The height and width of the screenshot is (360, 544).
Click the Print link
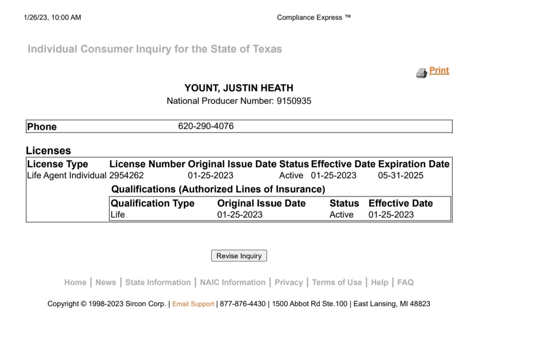tap(439, 70)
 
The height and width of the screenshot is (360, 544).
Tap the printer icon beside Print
tap(422, 73)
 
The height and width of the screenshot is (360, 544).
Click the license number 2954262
tap(126, 176)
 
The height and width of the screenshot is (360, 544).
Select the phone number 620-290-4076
tap(206, 126)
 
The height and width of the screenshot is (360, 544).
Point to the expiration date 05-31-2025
tap(400, 176)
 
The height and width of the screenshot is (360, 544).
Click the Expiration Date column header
tap(414, 164)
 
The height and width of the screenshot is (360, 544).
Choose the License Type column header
tap(57, 164)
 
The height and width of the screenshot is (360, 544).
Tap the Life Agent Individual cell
tap(66, 176)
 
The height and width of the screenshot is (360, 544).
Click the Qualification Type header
tap(153, 203)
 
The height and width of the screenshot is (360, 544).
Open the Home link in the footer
tap(75, 282)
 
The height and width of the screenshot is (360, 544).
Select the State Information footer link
tap(158, 282)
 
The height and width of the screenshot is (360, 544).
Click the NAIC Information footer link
tap(232, 282)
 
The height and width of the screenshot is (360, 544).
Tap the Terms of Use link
tap(336, 282)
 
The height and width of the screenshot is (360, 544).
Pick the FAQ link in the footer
tap(405, 282)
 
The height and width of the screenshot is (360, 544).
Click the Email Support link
tap(193, 304)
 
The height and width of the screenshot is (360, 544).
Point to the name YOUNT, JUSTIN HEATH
tap(239, 88)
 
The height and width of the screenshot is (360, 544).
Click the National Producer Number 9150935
tap(294, 101)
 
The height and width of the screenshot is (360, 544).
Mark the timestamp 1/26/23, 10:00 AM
tap(52, 18)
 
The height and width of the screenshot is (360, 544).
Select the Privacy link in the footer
tap(289, 282)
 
